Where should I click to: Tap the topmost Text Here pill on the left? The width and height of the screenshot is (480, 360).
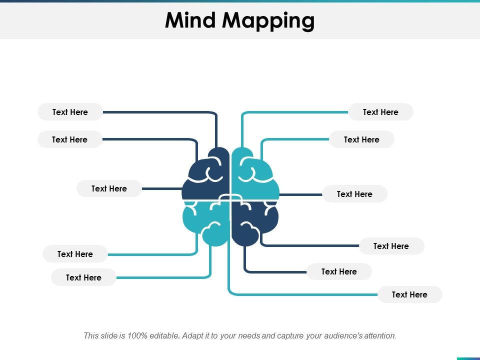coord(70,112)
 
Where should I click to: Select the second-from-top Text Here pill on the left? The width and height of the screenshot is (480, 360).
coord(69,139)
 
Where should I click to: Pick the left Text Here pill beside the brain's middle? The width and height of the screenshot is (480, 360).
coord(109,188)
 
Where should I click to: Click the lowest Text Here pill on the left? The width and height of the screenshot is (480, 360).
coord(83,277)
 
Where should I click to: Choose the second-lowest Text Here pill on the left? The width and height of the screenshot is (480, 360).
coord(75,254)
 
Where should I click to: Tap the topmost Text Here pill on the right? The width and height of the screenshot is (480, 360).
coord(380,112)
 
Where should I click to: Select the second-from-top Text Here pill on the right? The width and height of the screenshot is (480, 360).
coord(361,139)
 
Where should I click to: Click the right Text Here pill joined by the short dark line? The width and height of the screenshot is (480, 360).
coord(354,194)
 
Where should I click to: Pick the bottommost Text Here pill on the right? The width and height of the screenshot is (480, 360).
coord(409,294)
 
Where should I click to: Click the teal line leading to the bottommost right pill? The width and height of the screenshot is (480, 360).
coord(300,294)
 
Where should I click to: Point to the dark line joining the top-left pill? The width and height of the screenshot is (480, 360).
coord(160,112)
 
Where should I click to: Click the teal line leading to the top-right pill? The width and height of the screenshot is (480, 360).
coord(295,112)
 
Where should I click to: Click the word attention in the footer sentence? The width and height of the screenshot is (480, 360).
coord(379,336)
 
